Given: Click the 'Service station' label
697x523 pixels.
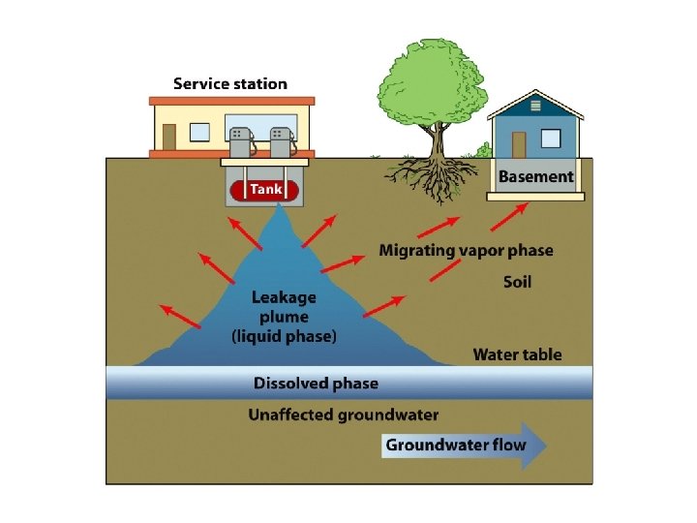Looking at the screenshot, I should tap(229, 84).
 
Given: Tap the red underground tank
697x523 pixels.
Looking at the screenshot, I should tap(264, 190).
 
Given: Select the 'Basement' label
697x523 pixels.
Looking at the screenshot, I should tap(535, 177).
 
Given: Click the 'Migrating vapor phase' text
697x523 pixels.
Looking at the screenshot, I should tap(466, 251).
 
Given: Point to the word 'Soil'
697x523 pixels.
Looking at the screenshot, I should tap(517, 283).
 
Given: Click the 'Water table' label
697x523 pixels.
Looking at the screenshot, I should tap(517, 354).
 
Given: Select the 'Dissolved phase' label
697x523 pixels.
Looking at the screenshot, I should tap(316, 384).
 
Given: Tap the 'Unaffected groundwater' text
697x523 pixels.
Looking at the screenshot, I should tap(343, 415).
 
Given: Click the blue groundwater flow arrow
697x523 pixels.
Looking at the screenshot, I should tap(465, 446).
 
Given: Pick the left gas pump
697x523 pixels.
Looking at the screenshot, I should tap(238, 141).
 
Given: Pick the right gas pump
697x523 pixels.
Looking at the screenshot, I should tap(282, 141).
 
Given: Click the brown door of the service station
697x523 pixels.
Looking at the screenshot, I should tap(169, 137).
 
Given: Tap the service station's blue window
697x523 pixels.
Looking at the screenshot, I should tap(201, 132).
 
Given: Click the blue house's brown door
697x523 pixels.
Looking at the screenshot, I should tap(518, 144).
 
